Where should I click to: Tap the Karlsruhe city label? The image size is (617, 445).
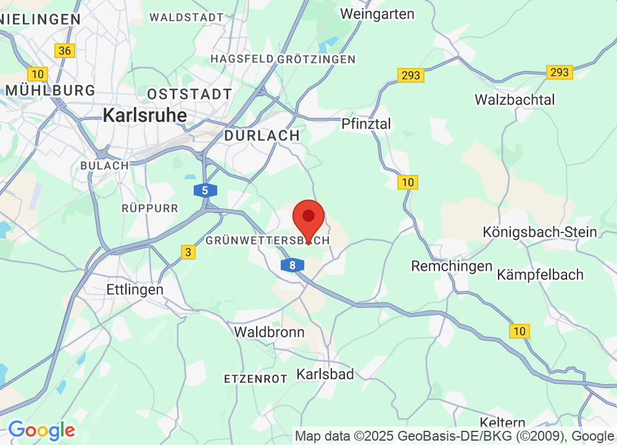pos(145,115)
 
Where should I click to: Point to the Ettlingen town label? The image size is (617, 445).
pos(135,289)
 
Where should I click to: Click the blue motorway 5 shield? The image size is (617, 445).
pos(205,190)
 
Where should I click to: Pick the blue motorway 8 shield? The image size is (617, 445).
pos(292,265)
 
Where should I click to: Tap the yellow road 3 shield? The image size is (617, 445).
pos(188,252)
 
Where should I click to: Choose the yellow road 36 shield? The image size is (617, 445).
pos(64,51)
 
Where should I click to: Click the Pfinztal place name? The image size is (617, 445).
pos(366,124)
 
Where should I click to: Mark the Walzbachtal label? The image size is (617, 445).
pos(515,100)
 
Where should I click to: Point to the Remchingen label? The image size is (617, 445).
pos(452,266)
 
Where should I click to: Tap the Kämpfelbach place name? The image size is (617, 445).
pos(540,274)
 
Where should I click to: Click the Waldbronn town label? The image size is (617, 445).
pos(269,332)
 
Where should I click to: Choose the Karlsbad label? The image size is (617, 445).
pos(325,374)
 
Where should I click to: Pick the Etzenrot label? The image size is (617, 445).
pos(255,378)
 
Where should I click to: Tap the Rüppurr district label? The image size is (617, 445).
pos(150,208)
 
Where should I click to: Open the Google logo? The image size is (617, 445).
pos(41,430)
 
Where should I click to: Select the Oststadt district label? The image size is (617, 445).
pos(189,95)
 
